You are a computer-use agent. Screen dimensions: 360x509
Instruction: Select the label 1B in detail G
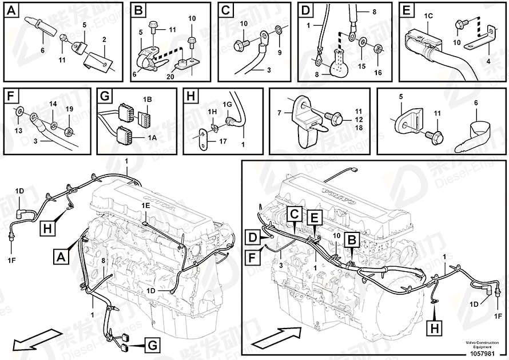click(x=148, y=100)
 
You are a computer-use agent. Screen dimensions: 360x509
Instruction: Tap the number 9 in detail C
click(x=279, y=53)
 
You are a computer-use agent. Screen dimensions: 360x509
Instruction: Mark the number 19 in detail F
click(x=69, y=108)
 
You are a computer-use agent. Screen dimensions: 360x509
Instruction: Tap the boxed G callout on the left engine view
click(x=153, y=345)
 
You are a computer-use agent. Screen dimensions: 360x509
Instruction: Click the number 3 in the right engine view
click(x=281, y=266)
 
